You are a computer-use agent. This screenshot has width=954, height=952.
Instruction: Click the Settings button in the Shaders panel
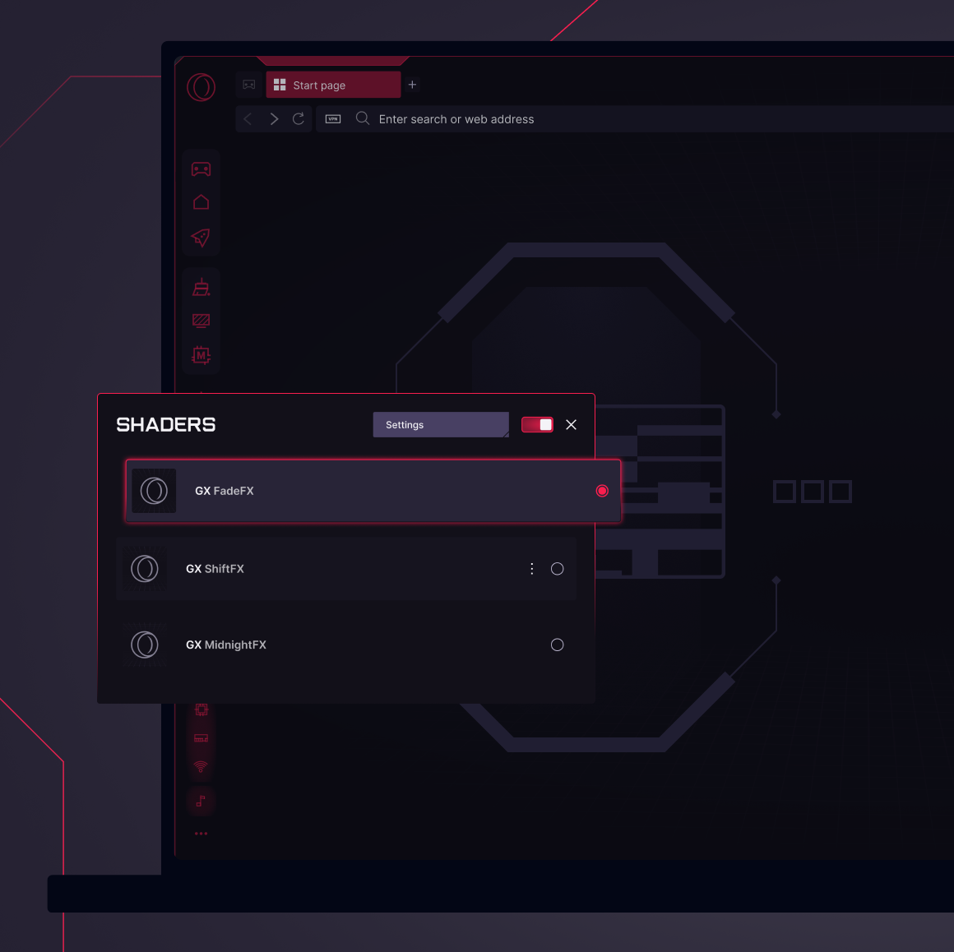click(x=441, y=424)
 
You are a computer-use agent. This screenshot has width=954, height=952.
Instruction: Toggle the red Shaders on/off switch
click(x=537, y=424)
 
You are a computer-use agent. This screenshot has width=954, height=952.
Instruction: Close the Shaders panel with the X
click(x=571, y=424)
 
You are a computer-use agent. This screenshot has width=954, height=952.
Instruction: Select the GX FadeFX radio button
click(x=602, y=491)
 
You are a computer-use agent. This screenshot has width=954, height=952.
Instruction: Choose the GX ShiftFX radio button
click(x=558, y=569)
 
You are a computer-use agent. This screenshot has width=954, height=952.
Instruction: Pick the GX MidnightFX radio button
click(x=558, y=645)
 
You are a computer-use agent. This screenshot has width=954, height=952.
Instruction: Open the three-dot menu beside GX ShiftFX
click(x=532, y=569)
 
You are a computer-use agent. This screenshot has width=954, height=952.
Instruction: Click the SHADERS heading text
click(x=166, y=424)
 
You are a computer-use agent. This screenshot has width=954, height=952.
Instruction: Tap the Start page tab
click(x=333, y=85)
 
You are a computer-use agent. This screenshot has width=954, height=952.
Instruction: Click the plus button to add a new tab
click(x=413, y=85)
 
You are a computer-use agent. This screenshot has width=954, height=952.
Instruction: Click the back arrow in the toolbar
click(x=248, y=118)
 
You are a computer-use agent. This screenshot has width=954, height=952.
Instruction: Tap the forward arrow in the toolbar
click(x=275, y=118)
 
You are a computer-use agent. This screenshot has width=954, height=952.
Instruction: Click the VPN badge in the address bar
click(x=333, y=118)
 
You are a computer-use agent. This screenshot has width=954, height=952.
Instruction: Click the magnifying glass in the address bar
click(x=363, y=118)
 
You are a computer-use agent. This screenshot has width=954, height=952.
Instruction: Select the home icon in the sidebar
click(x=201, y=202)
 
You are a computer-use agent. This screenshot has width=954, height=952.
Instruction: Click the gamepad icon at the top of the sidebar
click(x=201, y=169)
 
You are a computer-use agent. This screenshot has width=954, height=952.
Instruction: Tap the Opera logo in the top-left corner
click(x=201, y=87)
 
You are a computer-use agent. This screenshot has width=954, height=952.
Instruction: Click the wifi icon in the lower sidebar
click(x=201, y=767)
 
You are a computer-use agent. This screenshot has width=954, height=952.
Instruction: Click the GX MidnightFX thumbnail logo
click(x=145, y=645)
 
